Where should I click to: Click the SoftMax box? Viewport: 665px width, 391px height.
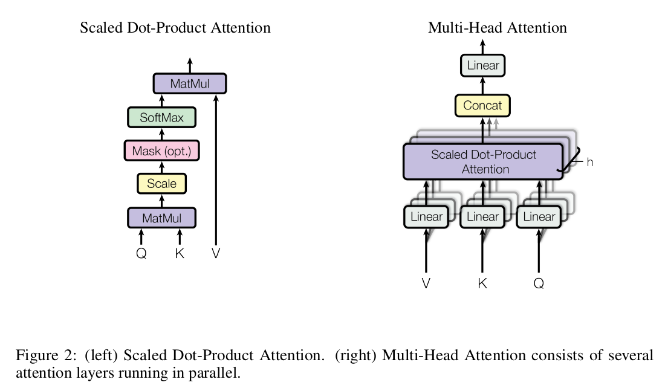[x=161, y=117]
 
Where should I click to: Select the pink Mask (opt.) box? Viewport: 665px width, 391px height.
[x=161, y=150]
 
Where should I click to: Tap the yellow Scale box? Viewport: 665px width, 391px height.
[x=161, y=183]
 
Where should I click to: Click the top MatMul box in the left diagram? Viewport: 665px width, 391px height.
[x=190, y=83]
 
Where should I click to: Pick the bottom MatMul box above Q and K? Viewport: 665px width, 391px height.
[x=161, y=217]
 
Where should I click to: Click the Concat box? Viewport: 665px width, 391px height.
[x=482, y=106]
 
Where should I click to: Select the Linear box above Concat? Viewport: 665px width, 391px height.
[x=483, y=65]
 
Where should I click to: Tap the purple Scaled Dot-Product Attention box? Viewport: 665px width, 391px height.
[x=483, y=162]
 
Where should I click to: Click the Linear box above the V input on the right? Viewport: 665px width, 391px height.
[x=426, y=217]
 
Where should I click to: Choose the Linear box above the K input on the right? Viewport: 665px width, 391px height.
[x=482, y=217]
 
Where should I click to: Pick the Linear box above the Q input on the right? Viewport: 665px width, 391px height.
[x=539, y=217]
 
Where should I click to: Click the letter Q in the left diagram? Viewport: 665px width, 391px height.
[x=141, y=254]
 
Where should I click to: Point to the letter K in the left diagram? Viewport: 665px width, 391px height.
[x=180, y=254]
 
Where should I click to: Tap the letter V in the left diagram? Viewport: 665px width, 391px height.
[x=216, y=254]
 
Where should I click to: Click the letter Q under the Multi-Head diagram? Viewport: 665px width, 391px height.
[x=539, y=283]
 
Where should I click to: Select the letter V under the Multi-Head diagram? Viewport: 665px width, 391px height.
[x=426, y=283]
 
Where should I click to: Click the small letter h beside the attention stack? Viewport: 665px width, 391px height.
[x=590, y=162]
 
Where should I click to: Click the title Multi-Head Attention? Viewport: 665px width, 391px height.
[x=497, y=28]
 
